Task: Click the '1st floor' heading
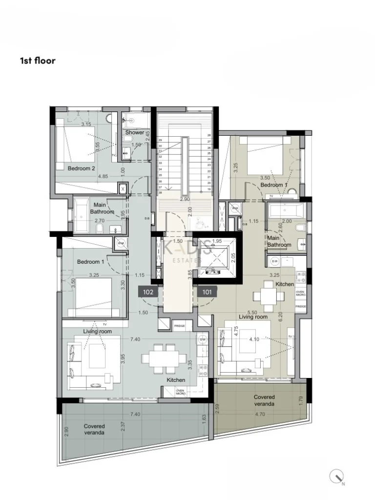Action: coord(38,61)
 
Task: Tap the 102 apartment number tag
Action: coord(148,292)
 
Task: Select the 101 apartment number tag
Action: coord(207,292)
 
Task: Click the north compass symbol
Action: coord(337,476)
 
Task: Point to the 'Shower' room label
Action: coord(135,132)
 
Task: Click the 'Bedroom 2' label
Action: coord(81,168)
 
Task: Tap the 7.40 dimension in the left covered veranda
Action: coord(135,414)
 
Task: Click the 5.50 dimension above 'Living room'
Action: coord(252,312)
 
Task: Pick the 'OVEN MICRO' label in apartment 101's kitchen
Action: coord(301,293)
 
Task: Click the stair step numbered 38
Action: coord(160,192)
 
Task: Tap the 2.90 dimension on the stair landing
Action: coord(185,199)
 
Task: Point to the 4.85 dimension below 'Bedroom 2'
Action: coord(103,176)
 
